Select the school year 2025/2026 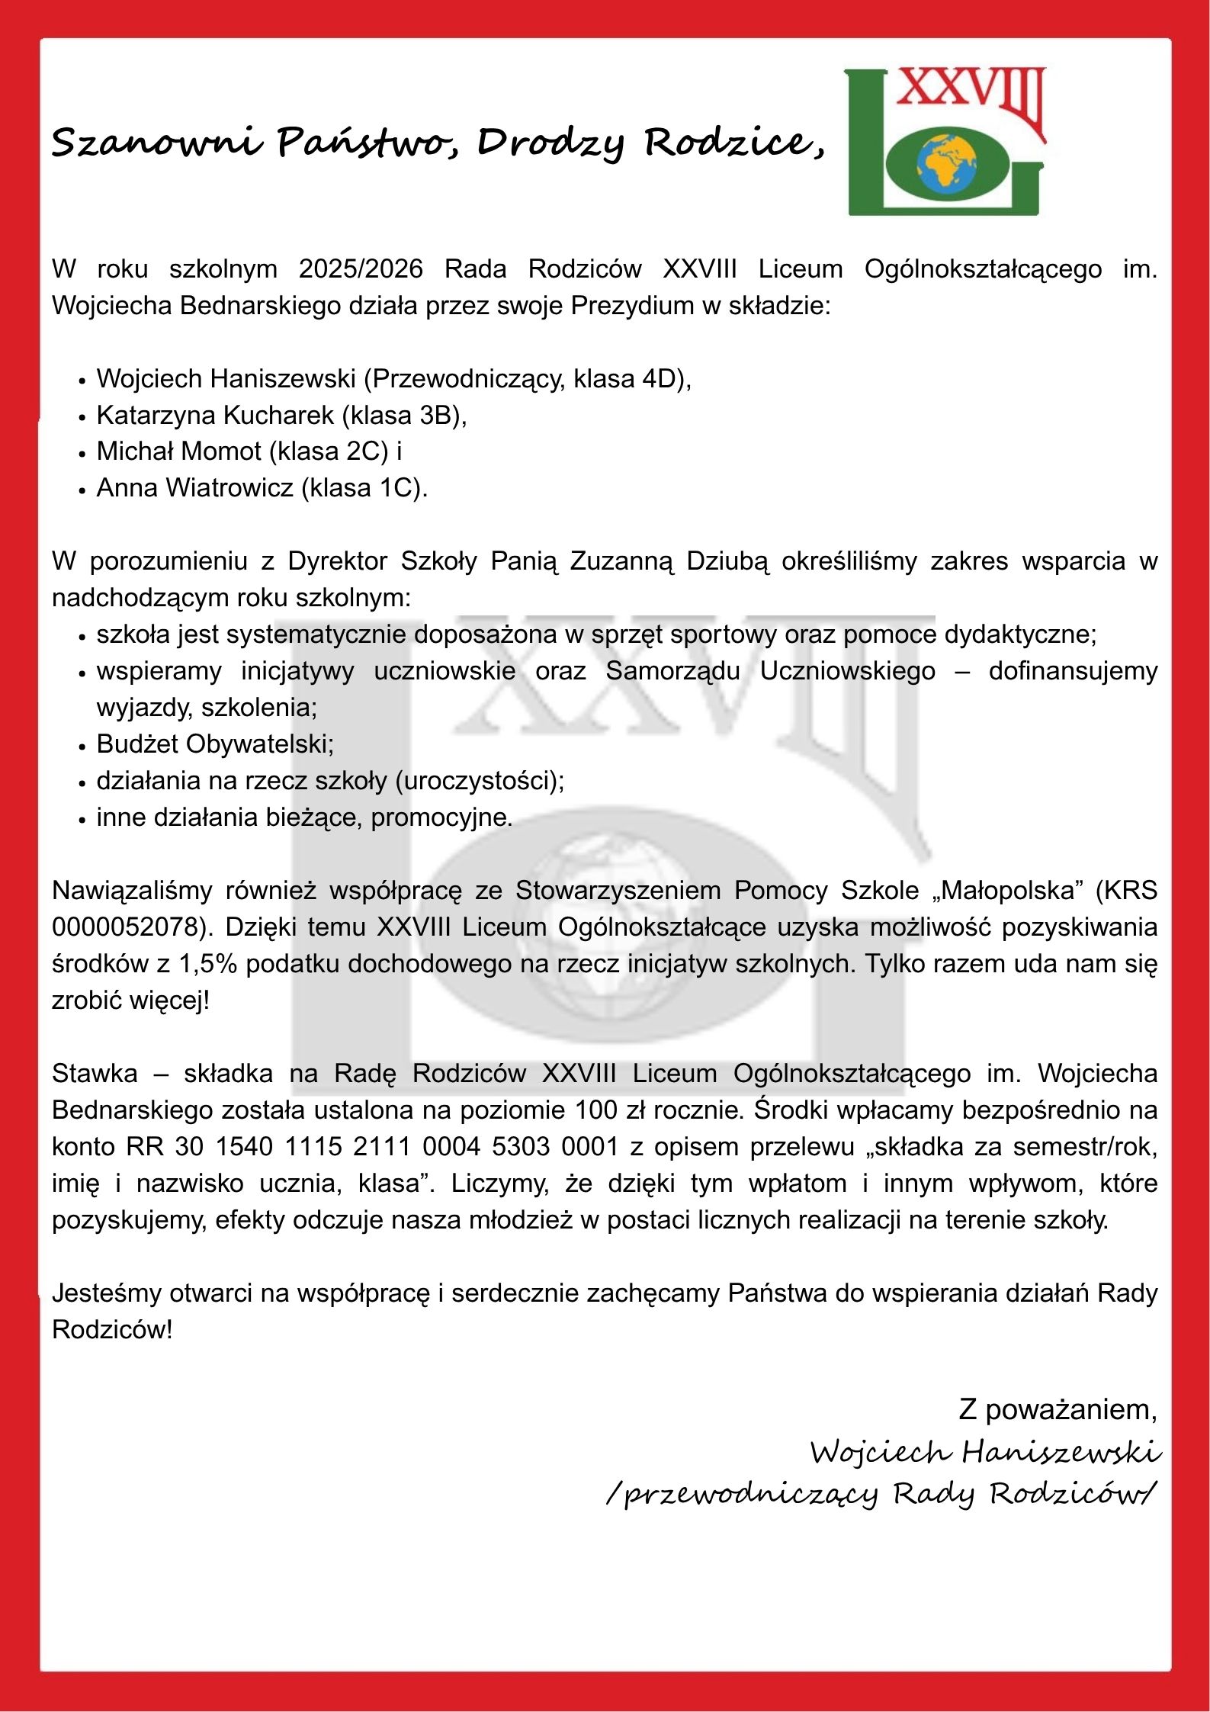pos(361,269)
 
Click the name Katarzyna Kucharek pos(215,416)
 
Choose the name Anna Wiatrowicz pos(194,488)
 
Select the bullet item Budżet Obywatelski pos(215,744)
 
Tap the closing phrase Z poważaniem pos(1058,1409)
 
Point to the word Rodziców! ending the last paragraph pos(112,1330)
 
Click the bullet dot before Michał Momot pos(82,453)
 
